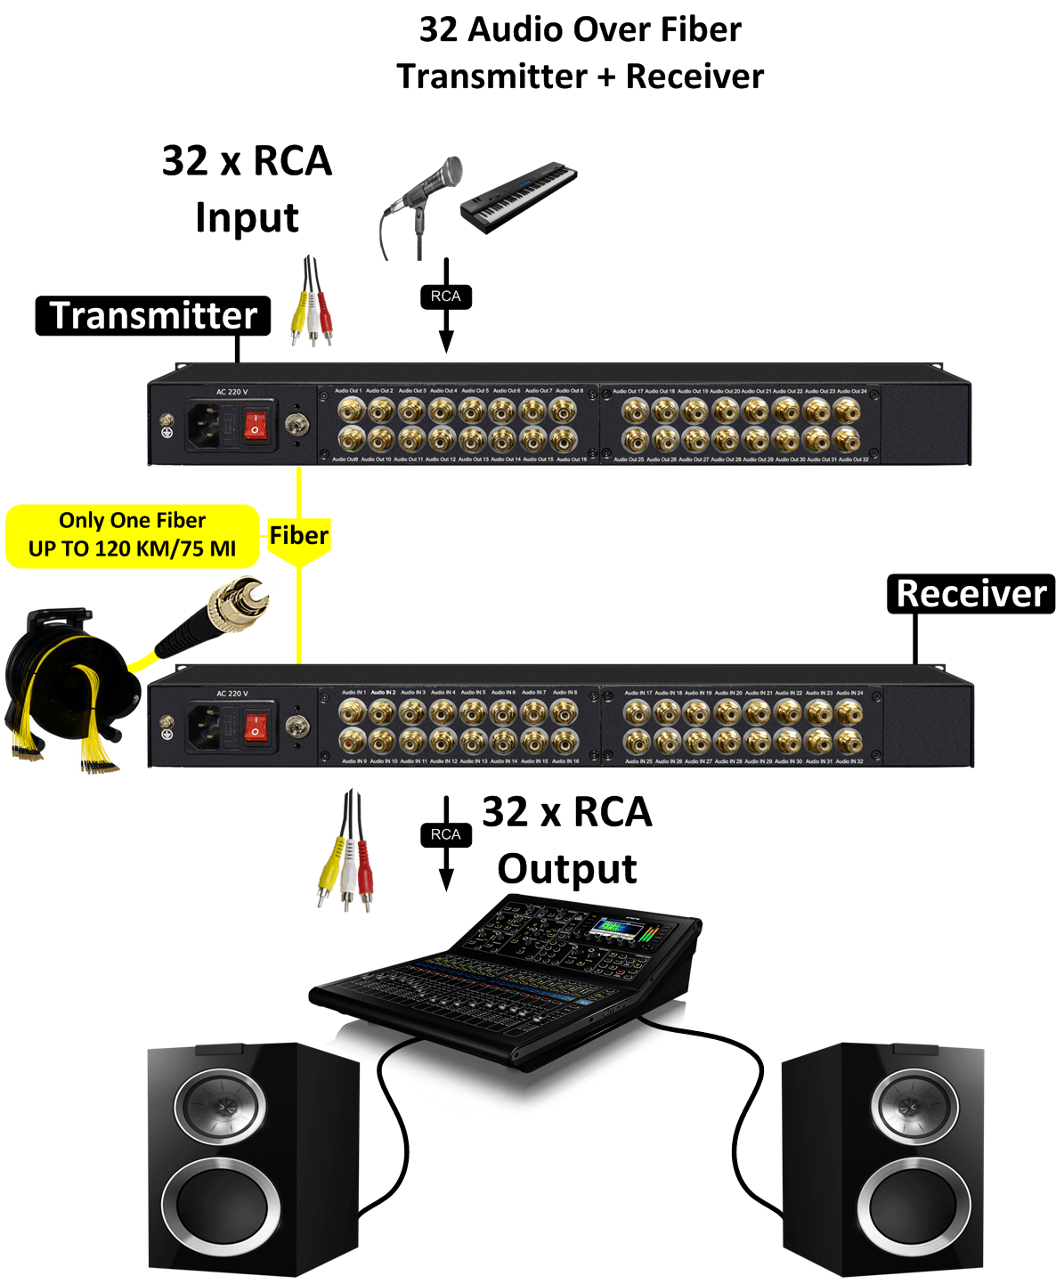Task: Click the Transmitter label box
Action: (153, 316)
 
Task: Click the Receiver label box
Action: (971, 594)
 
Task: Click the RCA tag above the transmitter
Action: (445, 297)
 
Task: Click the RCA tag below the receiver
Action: (445, 834)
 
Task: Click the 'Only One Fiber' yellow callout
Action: (133, 535)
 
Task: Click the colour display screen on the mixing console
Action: (621, 930)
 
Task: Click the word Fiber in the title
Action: (700, 29)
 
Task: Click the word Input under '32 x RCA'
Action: (247, 218)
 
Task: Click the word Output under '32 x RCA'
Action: (567, 869)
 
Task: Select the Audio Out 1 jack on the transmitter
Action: (351, 410)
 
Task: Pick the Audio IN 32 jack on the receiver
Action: (849, 741)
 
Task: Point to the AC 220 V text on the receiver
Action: (232, 694)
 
